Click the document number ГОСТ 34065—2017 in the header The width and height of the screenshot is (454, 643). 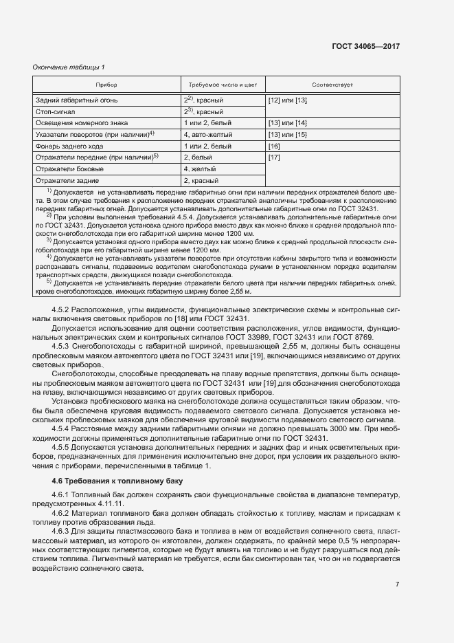(365, 46)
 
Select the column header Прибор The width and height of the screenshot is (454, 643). (106, 85)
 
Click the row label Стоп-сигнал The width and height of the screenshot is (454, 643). (56, 111)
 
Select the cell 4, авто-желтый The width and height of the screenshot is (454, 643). (208, 134)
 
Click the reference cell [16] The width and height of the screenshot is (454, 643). (274, 146)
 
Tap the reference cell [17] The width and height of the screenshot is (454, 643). (274, 157)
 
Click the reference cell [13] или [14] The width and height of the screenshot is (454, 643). (287, 122)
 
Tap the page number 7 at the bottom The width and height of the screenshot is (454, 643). (397, 585)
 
